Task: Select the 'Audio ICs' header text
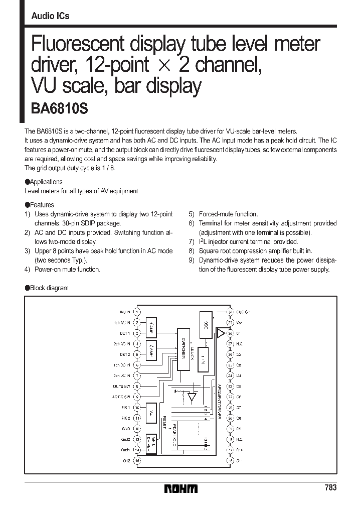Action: (x=50, y=16)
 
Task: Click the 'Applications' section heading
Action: (x=46, y=182)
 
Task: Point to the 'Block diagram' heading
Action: (x=49, y=288)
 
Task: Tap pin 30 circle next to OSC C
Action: (x=230, y=312)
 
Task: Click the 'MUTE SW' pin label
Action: (x=121, y=386)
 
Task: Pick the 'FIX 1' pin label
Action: (x=125, y=408)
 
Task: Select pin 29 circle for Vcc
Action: (x=230, y=322)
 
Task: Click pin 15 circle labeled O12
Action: (x=137, y=460)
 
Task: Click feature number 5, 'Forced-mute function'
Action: (x=229, y=214)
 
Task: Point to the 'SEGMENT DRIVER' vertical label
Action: (x=219, y=397)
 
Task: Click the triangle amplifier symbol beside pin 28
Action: (x=221, y=333)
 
